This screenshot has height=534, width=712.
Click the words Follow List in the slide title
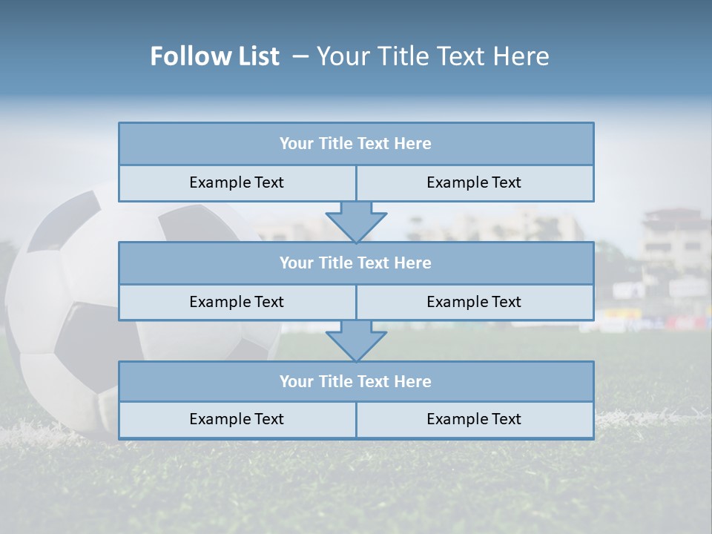click(x=214, y=56)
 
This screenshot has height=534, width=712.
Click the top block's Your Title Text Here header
click(x=355, y=144)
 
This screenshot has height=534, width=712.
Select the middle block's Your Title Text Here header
click(x=355, y=263)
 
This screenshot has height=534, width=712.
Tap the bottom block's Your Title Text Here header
click(x=355, y=382)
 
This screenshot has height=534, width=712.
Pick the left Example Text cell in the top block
click(x=237, y=183)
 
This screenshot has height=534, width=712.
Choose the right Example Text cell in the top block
click(x=474, y=183)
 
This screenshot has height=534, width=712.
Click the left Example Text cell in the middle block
click(x=237, y=303)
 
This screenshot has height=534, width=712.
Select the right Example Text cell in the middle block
click(x=474, y=303)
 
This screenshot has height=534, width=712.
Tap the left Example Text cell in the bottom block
click(x=237, y=420)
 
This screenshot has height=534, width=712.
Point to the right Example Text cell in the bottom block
click(x=474, y=420)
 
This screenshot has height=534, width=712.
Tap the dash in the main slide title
click(x=301, y=56)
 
